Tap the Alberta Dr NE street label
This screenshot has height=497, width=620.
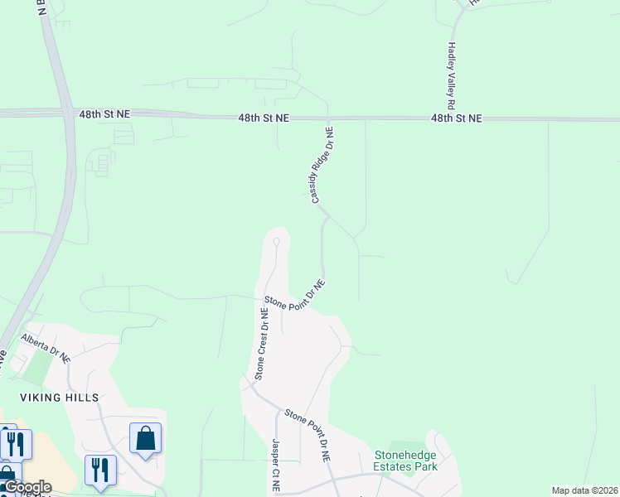46,347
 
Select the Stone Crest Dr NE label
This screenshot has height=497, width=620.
260,344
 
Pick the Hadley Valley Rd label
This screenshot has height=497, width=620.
451,77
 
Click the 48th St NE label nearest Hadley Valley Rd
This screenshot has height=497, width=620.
456,118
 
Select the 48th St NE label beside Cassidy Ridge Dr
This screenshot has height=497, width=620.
264,118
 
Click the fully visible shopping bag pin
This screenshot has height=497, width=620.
145,439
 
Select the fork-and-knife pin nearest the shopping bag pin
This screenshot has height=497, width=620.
100,470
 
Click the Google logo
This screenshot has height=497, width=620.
27,487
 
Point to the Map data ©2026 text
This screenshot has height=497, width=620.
584,490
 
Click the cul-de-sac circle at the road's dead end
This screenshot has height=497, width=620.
276,241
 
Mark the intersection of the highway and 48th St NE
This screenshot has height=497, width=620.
65,113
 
